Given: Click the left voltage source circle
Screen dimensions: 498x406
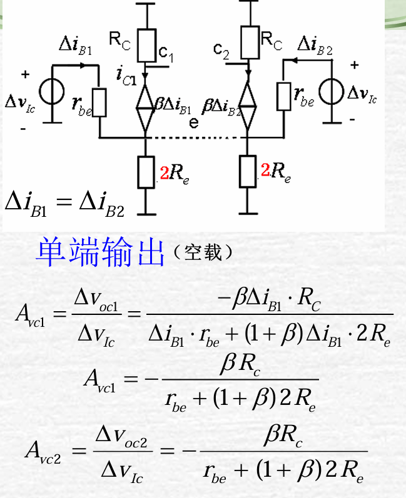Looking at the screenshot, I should point(51,91).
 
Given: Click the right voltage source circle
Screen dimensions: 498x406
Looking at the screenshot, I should point(330,91).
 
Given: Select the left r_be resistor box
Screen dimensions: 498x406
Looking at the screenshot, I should point(99,102).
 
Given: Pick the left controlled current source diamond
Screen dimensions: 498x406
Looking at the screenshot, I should point(145,102).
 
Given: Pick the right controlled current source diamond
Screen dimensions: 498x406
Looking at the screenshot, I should point(248,102).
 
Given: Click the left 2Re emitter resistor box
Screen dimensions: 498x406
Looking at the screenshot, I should point(145,170).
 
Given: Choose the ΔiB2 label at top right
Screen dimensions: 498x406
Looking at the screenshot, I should point(315,45).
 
